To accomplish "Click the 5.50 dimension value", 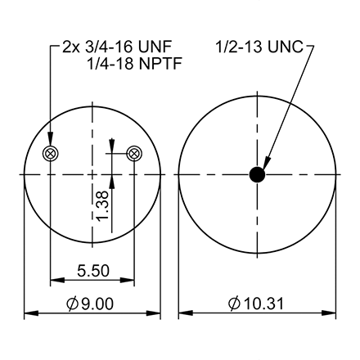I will pyautogui.click(x=92, y=268).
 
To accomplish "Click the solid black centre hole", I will pyautogui.click(x=258, y=174).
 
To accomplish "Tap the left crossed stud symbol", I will pyautogui.click(x=51, y=153).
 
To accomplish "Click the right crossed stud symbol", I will pyautogui.click(x=135, y=153).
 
